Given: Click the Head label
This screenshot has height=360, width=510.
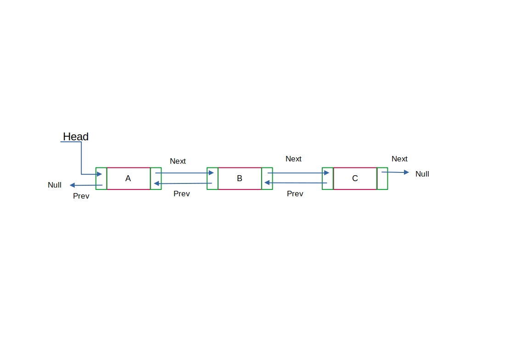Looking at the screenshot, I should [x=76, y=137].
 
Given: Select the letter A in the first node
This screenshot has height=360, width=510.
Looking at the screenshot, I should [x=128, y=178].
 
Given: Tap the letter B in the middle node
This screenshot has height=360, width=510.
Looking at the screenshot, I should [x=239, y=178].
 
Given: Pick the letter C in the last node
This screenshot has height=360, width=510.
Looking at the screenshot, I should [x=355, y=178].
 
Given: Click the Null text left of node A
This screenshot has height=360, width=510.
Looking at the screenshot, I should [x=55, y=185].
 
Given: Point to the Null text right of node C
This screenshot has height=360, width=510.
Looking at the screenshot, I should [x=422, y=174].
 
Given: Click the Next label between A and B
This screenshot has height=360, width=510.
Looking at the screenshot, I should [x=178, y=161].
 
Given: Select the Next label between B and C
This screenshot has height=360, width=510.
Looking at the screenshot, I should [x=293, y=159].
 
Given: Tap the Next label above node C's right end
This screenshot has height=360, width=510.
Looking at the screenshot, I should [x=399, y=159].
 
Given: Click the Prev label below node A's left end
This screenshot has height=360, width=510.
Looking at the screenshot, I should [x=81, y=196].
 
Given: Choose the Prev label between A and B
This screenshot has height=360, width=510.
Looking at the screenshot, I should [x=181, y=194].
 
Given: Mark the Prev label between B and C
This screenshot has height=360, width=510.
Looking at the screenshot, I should [x=295, y=194].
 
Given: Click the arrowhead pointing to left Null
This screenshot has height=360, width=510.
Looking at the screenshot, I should [x=72, y=185].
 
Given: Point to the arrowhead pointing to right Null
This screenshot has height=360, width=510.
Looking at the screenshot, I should [x=406, y=172].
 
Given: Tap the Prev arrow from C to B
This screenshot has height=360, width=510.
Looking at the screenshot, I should [x=296, y=183].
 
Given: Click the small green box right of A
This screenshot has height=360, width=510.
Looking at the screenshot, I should [x=156, y=178].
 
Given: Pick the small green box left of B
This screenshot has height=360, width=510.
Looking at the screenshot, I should [x=212, y=178].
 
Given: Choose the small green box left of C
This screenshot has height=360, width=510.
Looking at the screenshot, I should [x=327, y=178].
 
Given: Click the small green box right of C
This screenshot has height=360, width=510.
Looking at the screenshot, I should [x=382, y=179].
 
